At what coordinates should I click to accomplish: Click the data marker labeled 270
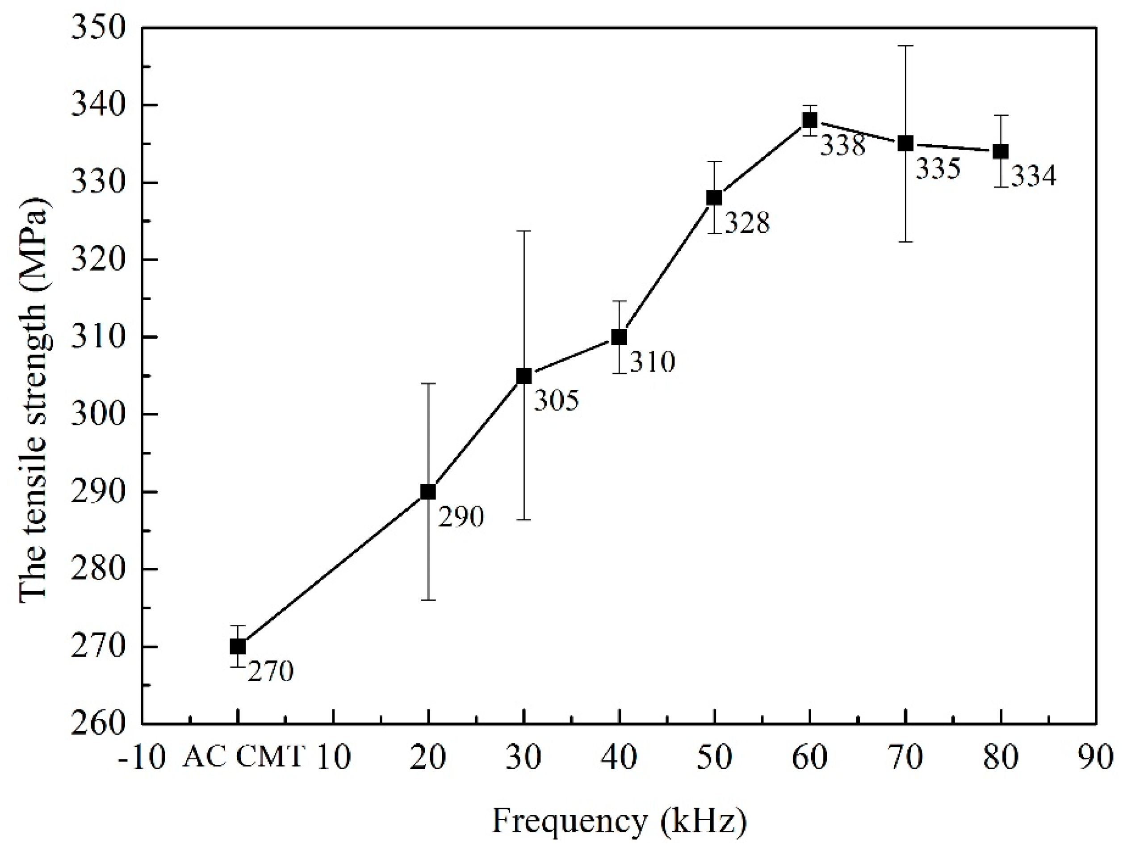238,646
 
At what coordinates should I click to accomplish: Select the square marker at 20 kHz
428,492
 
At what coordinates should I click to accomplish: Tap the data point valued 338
809,120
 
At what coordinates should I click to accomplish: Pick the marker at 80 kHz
1001,151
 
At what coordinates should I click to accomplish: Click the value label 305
557,401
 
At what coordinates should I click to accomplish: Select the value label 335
938,169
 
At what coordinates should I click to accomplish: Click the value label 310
652,362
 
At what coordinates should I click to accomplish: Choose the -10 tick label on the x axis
142,758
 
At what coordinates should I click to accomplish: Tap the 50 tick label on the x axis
714,758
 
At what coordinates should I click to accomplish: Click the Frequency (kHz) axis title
619,821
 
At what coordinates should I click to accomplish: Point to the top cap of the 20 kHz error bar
428,383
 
